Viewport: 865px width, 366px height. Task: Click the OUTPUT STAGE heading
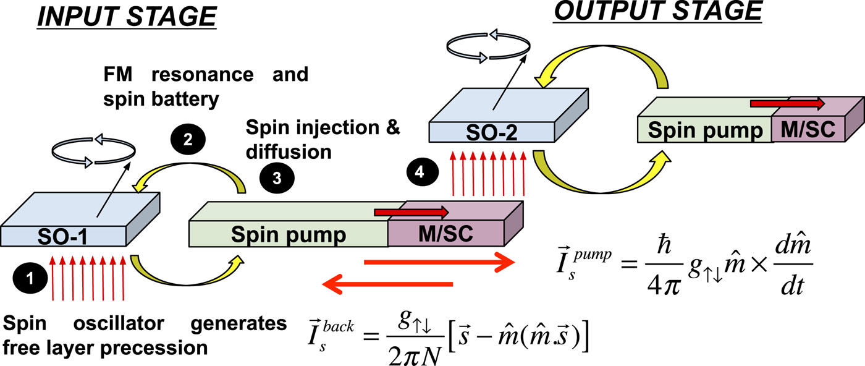point(657,12)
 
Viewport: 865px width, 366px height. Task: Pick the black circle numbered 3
point(276,176)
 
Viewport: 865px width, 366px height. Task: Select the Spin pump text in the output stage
point(704,130)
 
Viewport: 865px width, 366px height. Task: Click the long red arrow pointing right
point(439,262)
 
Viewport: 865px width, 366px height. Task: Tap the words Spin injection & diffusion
point(323,140)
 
